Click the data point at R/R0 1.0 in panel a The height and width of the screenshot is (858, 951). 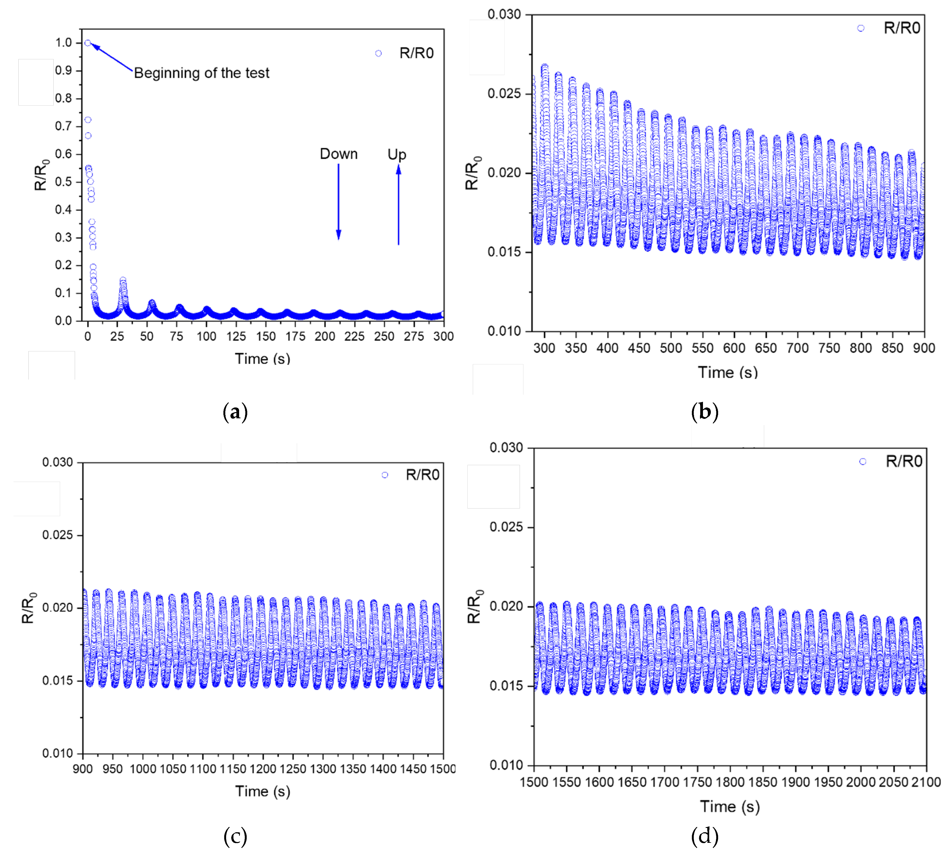[88, 43]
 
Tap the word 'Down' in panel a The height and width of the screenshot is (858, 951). [338, 154]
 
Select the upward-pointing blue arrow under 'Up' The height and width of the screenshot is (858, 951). [399, 205]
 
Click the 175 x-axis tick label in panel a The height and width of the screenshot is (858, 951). [295, 336]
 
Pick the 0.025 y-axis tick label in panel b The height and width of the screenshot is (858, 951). [504, 93]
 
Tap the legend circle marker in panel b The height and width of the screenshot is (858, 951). [861, 28]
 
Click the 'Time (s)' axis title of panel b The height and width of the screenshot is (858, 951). [728, 373]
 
